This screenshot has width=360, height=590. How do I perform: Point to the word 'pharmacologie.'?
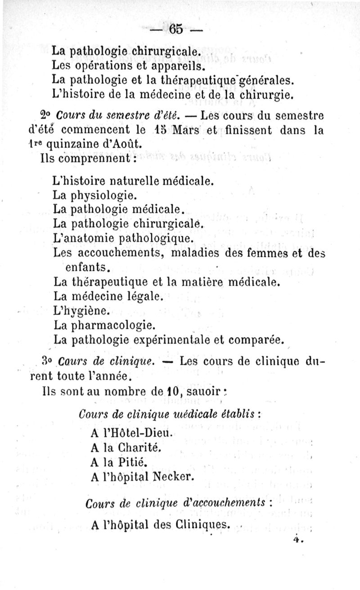(x=105, y=324)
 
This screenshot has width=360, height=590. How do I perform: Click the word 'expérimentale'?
(x=175, y=338)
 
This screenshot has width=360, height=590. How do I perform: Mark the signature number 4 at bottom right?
(x=295, y=537)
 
